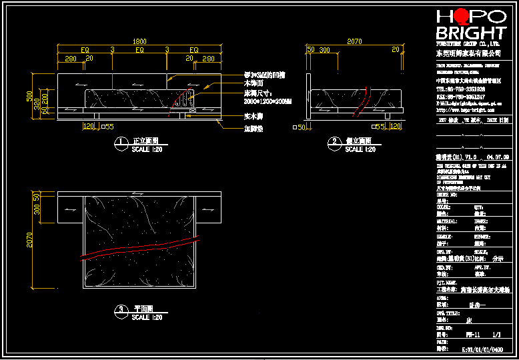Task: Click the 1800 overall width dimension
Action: click(x=139, y=41)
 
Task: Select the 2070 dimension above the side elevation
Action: click(x=355, y=41)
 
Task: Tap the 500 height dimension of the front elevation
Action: click(x=29, y=96)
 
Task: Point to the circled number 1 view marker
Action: click(x=121, y=142)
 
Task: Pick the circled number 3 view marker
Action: click(x=121, y=310)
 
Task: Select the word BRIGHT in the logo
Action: click(x=471, y=33)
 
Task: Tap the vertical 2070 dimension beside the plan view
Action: click(x=29, y=245)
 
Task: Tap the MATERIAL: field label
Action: click(x=447, y=219)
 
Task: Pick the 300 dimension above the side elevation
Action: click(x=325, y=50)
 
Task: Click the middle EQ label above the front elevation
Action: click(x=139, y=50)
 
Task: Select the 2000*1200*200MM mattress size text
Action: click(x=265, y=101)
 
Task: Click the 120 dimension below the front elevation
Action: click(x=88, y=125)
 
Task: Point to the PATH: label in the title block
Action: click(x=443, y=342)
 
